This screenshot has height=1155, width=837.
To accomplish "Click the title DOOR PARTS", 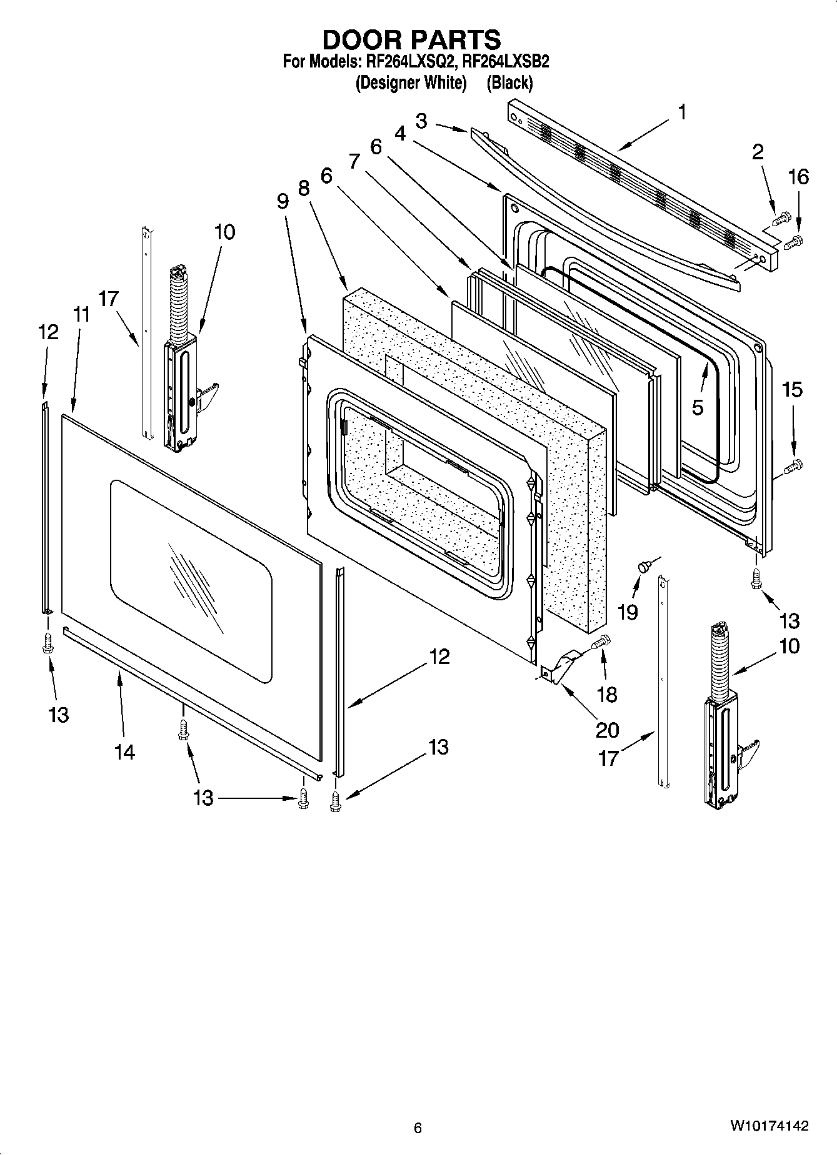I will pyautogui.click(x=411, y=39).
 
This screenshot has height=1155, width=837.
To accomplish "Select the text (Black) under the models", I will pyautogui.click(x=509, y=82).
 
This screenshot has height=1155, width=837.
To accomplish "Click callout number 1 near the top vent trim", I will pyautogui.click(x=683, y=112).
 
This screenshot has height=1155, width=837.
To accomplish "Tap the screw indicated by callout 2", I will pyautogui.click(x=781, y=219).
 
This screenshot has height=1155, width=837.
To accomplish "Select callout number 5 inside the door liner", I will pyautogui.click(x=698, y=407).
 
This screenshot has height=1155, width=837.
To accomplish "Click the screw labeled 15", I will pyautogui.click(x=794, y=464).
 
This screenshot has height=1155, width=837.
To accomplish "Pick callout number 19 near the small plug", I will pyautogui.click(x=628, y=612).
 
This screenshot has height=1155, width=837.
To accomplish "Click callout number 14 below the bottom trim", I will pyautogui.click(x=124, y=752).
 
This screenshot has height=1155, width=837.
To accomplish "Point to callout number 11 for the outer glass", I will pyautogui.click(x=80, y=314).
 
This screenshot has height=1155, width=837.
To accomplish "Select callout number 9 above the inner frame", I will pyautogui.click(x=283, y=201).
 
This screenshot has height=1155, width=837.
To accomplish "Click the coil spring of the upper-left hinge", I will pyautogui.click(x=179, y=305).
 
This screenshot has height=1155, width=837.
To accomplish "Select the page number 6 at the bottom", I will pyautogui.click(x=418, y=1128).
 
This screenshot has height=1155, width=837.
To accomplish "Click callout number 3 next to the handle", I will pyautogui.click(x=421, y=121).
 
